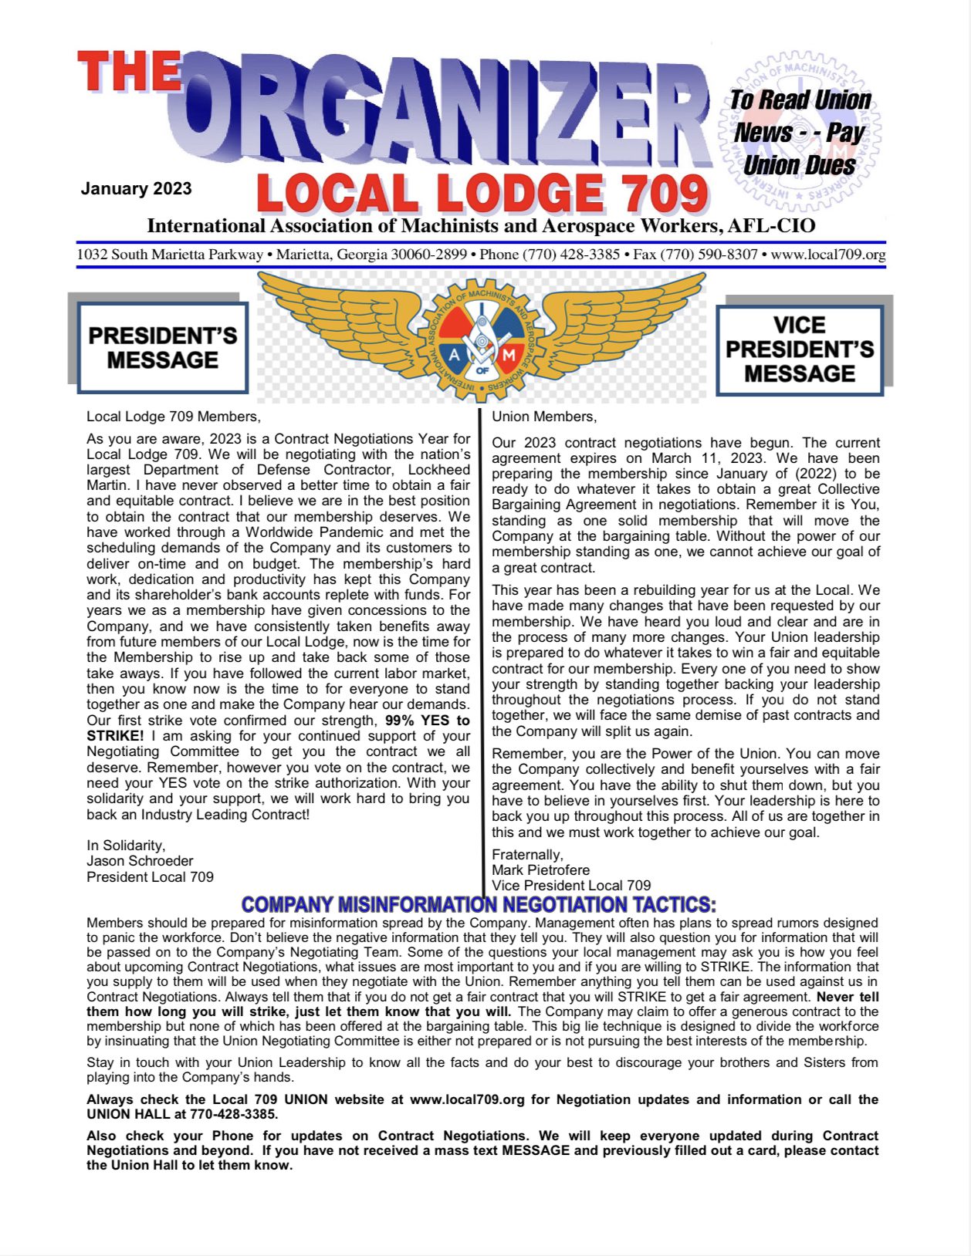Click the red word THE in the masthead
129,72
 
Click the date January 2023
136,189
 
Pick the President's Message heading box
163,348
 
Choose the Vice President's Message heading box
800,349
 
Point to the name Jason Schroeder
140,861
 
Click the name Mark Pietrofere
540,870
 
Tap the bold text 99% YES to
427,721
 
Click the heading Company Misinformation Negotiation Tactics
479,904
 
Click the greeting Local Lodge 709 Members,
174,417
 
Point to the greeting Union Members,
544,417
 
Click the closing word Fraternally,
527,854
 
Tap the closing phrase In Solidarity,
126,846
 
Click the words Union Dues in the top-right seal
799,166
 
